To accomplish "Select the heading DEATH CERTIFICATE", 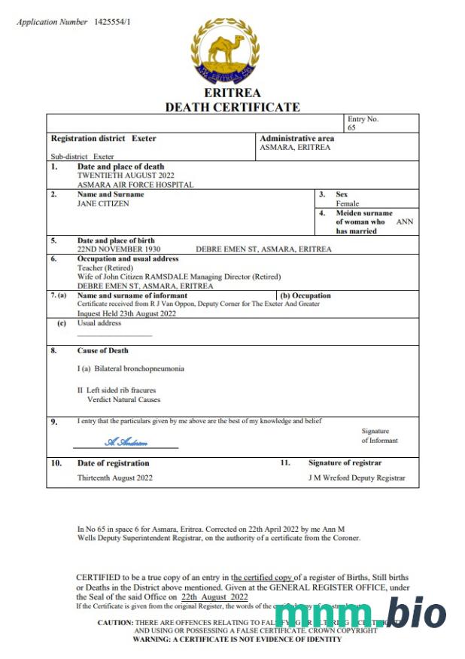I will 232,107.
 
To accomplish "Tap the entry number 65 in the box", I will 351,128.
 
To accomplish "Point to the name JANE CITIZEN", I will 104,203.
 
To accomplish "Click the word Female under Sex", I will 347,203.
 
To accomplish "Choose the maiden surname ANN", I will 405,221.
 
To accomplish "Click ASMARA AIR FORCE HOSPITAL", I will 135,185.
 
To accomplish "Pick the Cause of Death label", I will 102,350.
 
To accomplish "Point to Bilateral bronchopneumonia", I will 131,369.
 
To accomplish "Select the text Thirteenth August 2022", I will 114,478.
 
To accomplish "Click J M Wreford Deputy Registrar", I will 357,478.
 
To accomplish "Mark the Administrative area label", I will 296,139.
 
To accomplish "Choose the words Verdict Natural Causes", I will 119,400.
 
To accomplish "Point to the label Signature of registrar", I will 345,462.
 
